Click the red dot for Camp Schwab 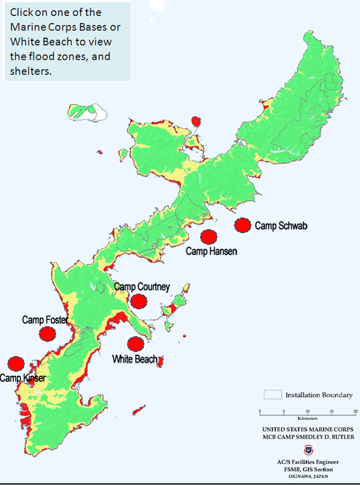(242, 226)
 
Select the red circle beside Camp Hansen (208, 237)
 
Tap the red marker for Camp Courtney (138, 301)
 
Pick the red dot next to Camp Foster (48, 334)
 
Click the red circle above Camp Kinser (16, 364)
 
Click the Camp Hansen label (211, 252)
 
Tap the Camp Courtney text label (142, 287)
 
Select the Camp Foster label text (45, 320)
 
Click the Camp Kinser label (22, 378)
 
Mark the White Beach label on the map (135, 359)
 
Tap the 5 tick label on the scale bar (284, 411)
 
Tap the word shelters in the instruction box (30, 71)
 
